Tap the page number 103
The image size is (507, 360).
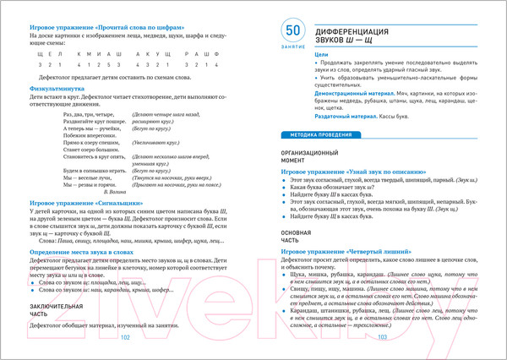pyautogui.click(x=381, y=336)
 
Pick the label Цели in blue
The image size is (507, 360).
pyautogui.click(x=321, y=53)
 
